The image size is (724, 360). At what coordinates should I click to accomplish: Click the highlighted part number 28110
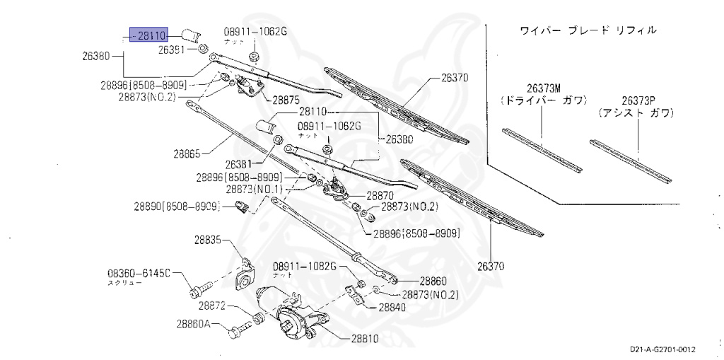click(148, 34)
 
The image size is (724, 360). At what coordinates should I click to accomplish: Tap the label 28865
click(187, 151)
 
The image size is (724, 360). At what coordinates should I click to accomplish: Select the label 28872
click(212, 306)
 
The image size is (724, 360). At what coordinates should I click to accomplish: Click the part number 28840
click(392, 308)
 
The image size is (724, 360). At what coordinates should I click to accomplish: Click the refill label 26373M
click(542, 88)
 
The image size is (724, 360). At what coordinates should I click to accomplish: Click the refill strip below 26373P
click(631, 161)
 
